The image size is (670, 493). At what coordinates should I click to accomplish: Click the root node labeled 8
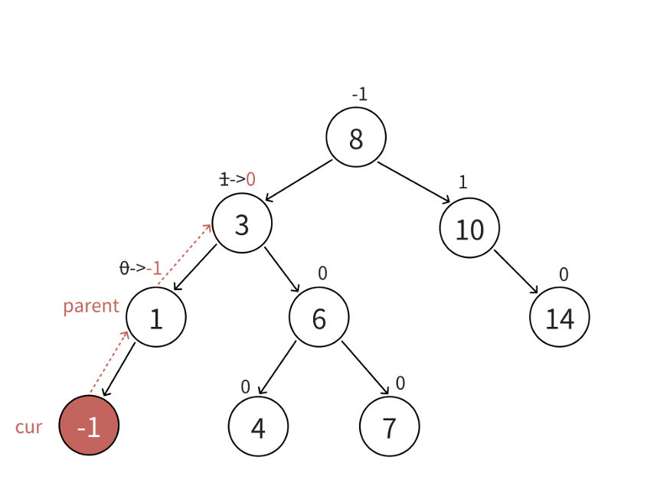[x=356, y=138]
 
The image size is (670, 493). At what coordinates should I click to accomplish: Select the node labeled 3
[x=242, y=224]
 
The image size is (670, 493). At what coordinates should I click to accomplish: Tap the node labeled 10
[x=469, y=228]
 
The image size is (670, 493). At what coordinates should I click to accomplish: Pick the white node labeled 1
[x=156, y=317]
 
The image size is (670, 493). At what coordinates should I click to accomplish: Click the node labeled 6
[x=319, y=317]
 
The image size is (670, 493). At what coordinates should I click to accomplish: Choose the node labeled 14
[x=560, y=317]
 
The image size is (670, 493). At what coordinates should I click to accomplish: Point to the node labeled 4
[x=258, y=426]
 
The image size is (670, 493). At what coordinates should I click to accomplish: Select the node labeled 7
[x=390, y=426]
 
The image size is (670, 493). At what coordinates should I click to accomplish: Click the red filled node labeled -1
[x=89, y=426]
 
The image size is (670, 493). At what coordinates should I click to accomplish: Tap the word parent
[x=91, y=306]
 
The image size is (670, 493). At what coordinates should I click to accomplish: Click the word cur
[x=28, y=427]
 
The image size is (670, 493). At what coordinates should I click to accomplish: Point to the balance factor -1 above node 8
[x=359, y=94]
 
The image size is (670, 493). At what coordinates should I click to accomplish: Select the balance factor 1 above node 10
[x=462, y=182]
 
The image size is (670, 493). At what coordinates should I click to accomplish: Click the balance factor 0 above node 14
[x=564, y=274]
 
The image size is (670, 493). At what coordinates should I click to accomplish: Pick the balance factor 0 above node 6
[x=322, y=273]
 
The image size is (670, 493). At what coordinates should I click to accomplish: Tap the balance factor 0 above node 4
[x=245, y=387]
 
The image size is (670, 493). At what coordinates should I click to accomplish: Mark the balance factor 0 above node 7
[x=400, y=384]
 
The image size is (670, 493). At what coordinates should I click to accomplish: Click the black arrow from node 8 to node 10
[x=413, y=182]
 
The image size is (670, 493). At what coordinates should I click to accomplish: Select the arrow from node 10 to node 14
[x=515, y=272]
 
